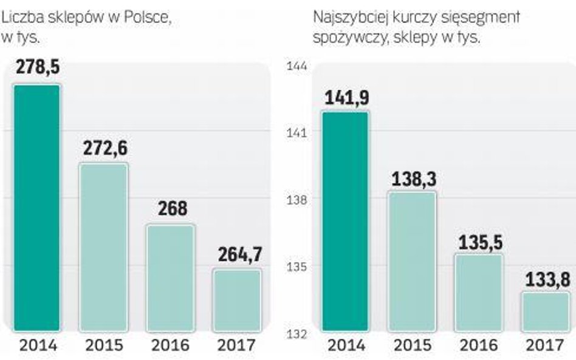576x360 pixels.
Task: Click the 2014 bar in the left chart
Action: [37, 208]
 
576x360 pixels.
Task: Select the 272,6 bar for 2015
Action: [103, 247]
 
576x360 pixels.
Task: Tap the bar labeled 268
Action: [170, 278]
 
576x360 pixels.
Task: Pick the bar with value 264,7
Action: [237, 300]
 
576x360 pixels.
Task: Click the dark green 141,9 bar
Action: [345, 222]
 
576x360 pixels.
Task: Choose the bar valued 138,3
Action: [412, 262]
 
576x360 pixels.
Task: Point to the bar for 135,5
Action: [479, 293]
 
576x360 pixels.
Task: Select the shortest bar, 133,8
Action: [545, 312]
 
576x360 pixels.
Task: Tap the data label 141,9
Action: [346, 97]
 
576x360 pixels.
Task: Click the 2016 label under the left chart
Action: [170, 346]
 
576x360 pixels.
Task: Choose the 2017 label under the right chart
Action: [545, 346]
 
